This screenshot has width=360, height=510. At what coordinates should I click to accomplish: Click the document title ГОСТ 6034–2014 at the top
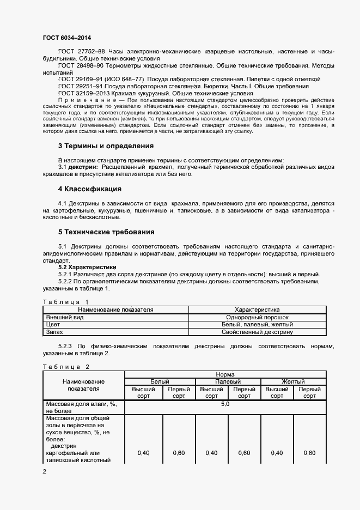(x=66, y=38)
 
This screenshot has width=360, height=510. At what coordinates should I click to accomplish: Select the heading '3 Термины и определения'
(x=106, y=145)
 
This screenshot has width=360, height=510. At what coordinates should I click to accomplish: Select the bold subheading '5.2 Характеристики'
(x=87, y=267)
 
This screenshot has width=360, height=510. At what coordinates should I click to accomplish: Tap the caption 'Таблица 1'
(x=65, y=301)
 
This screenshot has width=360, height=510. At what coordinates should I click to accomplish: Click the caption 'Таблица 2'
(x=65, y=367)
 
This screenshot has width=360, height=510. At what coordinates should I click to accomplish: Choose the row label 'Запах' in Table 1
(x=54, y=331)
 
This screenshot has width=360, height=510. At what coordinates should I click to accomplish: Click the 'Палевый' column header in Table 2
(x=228, y=382)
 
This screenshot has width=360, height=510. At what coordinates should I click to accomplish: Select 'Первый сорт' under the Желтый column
(x=309, y=393)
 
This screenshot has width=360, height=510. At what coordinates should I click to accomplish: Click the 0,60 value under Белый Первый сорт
(x=179, y=453)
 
